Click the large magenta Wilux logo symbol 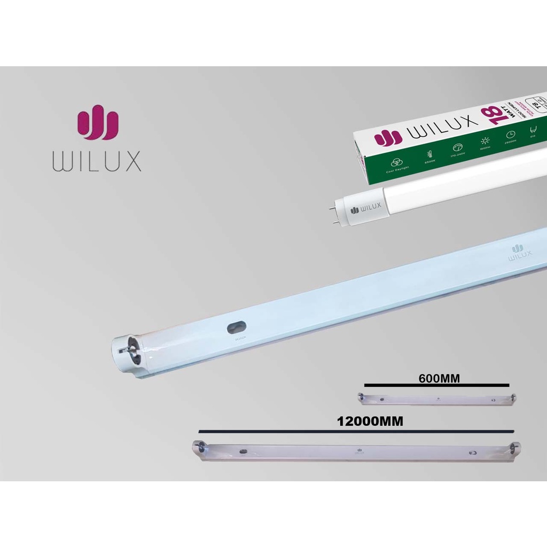pyautogui.click(x=97, y=125)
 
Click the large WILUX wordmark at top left pyautogui.click(x=97, y=161)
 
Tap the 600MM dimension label pyautogui.click(x=439, y=378)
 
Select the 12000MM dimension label pyautogui.click(x=370, y=421)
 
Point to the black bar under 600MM pyautogui.click(x=436, y=385)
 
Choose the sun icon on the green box pyautogui.click(x=485, y=140)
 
